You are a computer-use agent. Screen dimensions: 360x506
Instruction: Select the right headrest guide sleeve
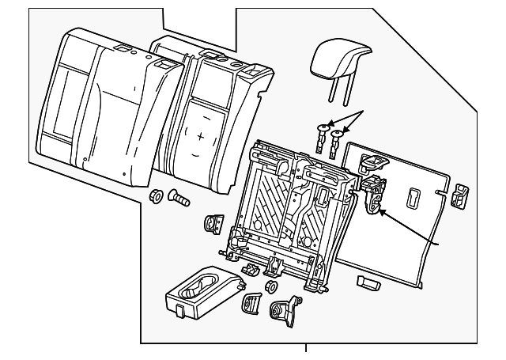point(338,140)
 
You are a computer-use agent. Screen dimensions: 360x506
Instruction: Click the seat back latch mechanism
point(372,195)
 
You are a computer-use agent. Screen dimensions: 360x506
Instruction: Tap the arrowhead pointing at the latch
point(380,210)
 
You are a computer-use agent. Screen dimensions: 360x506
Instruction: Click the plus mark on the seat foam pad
point(200,138)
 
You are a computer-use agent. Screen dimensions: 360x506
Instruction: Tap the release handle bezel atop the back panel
point(371,162)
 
